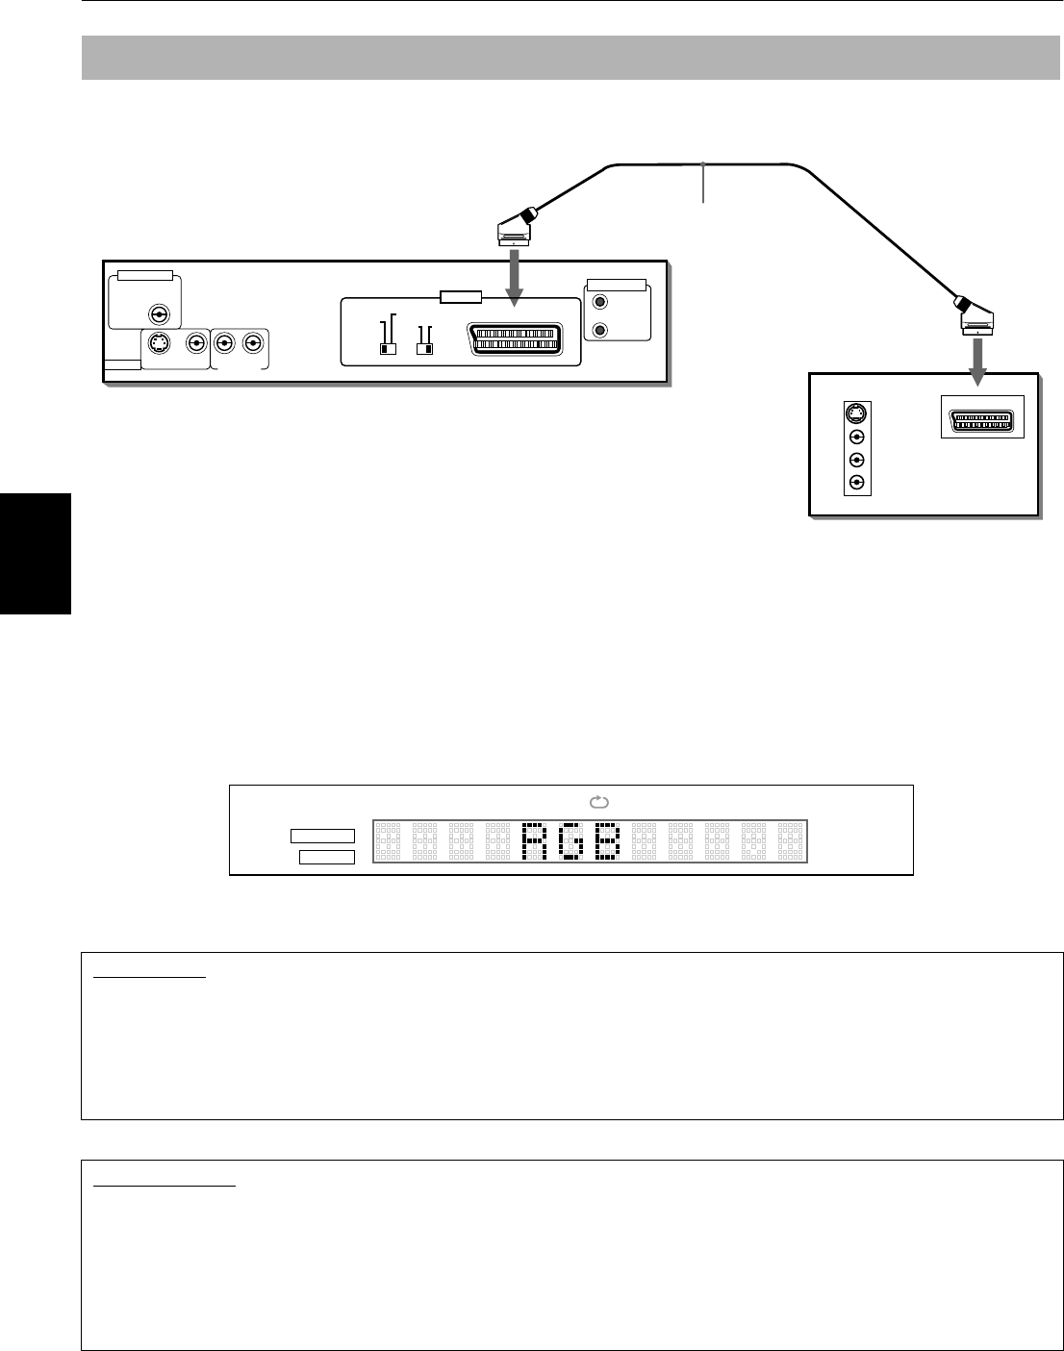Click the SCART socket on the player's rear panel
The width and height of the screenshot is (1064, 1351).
click(515, 340)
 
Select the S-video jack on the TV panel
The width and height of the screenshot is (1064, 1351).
click(856, 414)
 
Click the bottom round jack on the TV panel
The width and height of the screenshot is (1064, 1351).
click(856, 483)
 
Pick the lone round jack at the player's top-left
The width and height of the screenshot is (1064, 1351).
click(158, 313)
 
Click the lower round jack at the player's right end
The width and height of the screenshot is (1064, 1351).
click(601, 331)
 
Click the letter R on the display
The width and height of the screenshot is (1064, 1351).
click(533, 841)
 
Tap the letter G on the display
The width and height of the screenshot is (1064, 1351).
click(570, 841)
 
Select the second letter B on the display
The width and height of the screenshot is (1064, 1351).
click(607, 841)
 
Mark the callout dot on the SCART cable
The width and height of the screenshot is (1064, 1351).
click(704, 163)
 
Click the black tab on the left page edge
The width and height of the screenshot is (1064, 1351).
click(36, 553)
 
